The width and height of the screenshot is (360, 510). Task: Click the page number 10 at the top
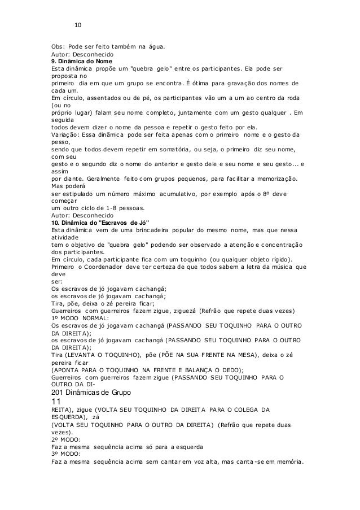pos(78,25)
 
